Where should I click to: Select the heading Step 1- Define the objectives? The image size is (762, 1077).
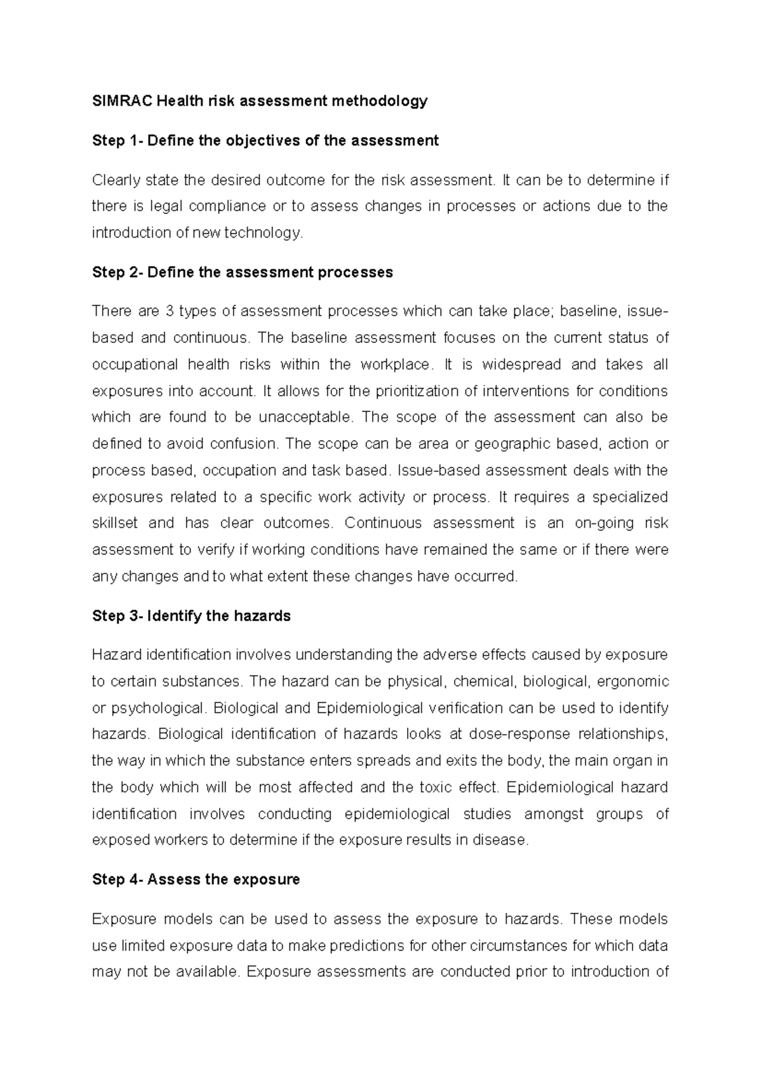pyautogui.click(x=265, y=140)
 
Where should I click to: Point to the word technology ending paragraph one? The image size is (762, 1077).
pyautogui.click(x=263, y=233)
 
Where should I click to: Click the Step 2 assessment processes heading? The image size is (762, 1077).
pyautogui.click(x=242, y=272)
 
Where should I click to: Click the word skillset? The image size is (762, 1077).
pyautogui.click(x=115, y=523)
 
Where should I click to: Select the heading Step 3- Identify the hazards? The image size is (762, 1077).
pyautogui.click(x=191, y=616)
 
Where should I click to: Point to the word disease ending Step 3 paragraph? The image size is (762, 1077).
pyautogui.click(x=504, y=840)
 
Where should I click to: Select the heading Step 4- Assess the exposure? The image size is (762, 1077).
pyautogui.click(x=196, y=880)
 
